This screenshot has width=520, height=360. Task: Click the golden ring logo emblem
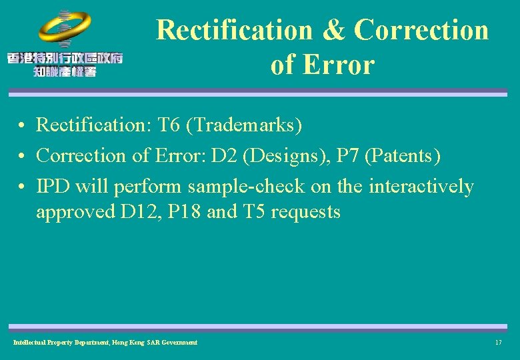click(x=65, y=27)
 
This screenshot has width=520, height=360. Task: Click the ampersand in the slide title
click(x=333, y=30)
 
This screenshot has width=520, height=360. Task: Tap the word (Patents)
click(x=404, y=155)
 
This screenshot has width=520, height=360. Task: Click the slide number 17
click(x=498, y=342)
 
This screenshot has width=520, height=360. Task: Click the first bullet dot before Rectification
click(x=22, y=125)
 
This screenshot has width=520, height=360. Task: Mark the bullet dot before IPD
click(x=22, y=187)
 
